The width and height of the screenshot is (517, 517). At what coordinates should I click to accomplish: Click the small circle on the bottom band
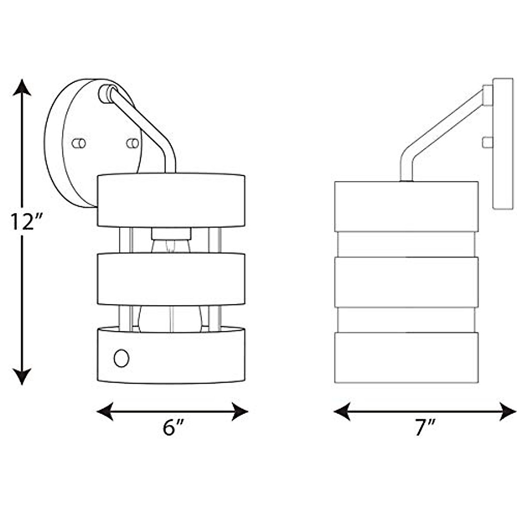(x=121, y=358)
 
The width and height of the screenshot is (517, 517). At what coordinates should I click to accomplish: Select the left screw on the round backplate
(x=79, y=143)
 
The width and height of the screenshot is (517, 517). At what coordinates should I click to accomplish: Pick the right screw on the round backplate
(x=133, y=143)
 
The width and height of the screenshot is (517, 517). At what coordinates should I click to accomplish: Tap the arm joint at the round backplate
(x=106, y=93)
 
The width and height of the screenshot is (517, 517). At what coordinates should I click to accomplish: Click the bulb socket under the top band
(x=171, y=234)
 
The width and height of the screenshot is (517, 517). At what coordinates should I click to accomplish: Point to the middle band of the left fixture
(x=171, y=279)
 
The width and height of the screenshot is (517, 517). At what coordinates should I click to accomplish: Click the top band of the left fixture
(x=171, y=200)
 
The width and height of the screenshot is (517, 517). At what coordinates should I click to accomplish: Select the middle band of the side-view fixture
(x=406, y=282)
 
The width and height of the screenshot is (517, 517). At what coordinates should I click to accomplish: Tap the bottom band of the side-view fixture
(x=406, y=358)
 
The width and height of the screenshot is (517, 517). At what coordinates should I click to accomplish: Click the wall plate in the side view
(x=503, y=144)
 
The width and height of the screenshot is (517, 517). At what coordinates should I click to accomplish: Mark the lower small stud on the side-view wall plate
(x=487, y=142)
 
